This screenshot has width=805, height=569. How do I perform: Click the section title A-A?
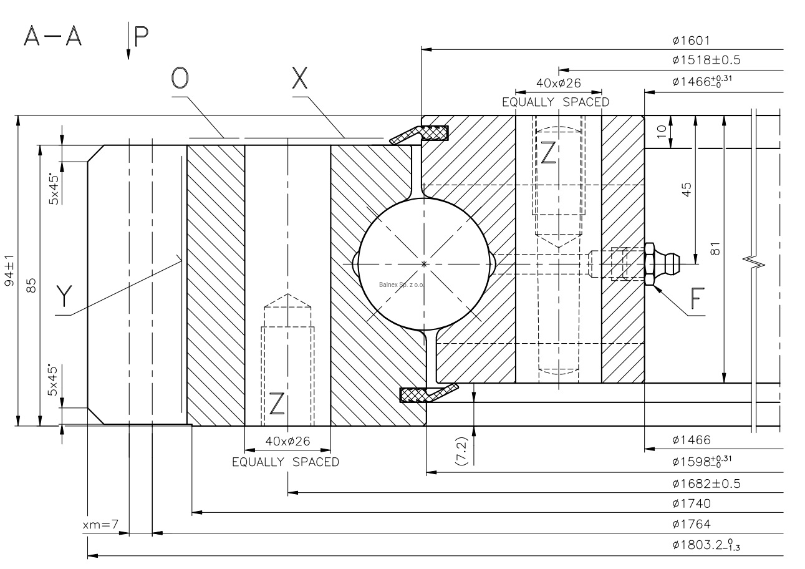pos(53,37)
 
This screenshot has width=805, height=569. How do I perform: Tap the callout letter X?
pos(300,79)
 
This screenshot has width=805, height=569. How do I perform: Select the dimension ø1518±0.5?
pos(706,61)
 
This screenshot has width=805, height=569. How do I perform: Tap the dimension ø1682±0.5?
pos(706,484)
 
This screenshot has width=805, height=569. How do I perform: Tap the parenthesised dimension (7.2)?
pos(462,448)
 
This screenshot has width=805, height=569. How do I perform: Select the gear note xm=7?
pos(100,525)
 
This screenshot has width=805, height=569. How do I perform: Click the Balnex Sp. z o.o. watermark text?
pos(400,284)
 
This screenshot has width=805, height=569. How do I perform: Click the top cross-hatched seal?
pos(433,133)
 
